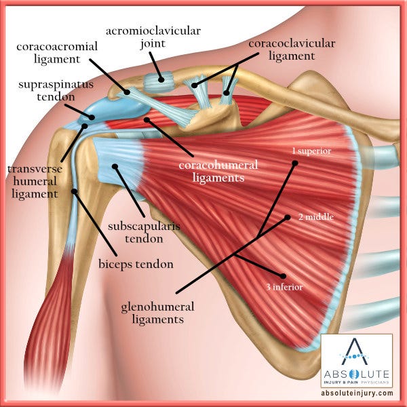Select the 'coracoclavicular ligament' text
point(282,49)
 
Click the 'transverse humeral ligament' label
point(31,180)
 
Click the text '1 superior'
point(311,151)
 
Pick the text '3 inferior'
point(284,287)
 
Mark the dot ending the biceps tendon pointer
point(75,191)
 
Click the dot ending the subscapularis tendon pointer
point(115,166)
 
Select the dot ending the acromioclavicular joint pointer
point(161,79)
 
